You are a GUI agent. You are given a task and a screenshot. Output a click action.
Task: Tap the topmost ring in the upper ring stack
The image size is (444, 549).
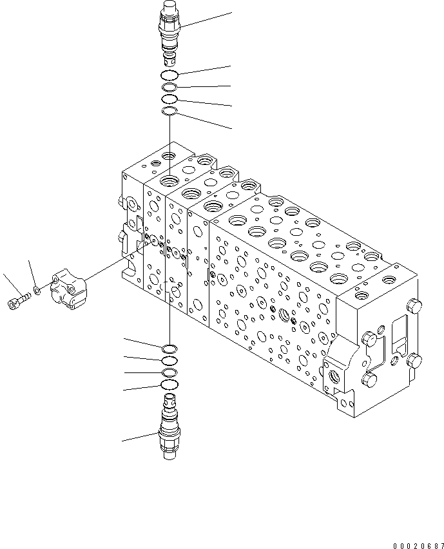(170, 76)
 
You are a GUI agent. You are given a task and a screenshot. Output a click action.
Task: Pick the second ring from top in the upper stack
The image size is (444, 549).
(169, 88)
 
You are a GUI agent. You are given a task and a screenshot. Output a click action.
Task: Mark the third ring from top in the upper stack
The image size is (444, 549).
(169, 99)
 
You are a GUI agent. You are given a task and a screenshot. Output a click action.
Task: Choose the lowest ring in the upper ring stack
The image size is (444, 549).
(169, 111)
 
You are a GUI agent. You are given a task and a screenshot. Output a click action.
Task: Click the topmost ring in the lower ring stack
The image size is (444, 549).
(169, 349)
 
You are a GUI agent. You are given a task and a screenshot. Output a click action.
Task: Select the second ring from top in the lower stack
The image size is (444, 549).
(169, 361)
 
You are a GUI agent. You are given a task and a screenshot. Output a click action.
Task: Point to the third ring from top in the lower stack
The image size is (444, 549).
(169, 373)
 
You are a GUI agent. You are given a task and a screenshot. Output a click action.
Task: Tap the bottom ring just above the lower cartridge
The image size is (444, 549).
(169, 385)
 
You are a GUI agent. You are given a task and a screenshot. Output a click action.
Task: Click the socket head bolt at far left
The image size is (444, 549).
(17, 300)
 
